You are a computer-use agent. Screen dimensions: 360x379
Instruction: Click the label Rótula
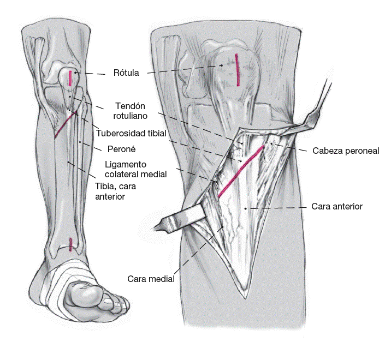127,73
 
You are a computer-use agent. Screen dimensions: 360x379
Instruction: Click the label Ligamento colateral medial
135,169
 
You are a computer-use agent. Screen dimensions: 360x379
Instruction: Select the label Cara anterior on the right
336,206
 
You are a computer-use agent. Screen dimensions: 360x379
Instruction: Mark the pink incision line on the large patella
238,70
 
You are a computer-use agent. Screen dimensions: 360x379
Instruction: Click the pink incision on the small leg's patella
70,77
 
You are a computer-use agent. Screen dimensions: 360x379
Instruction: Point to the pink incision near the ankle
72,244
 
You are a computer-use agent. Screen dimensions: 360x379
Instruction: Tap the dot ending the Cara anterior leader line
246,208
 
